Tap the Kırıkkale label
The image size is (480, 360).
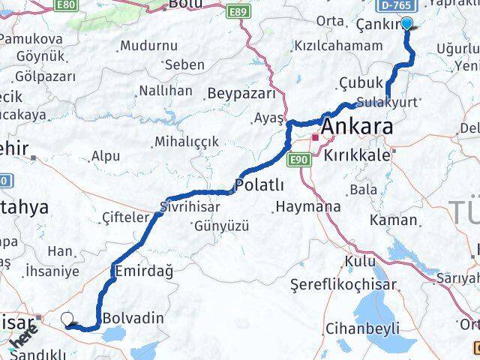coord(358,154)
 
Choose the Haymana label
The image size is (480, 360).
coord(307,205)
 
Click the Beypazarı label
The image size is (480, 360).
coord(240,93)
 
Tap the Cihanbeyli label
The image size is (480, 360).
coord(362,328)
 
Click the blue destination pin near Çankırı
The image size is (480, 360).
coord(406,23)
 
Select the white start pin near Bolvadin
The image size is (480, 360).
coord(68,319)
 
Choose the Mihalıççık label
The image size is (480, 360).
coord(186,141)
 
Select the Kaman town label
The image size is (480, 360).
coord(393,220)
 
